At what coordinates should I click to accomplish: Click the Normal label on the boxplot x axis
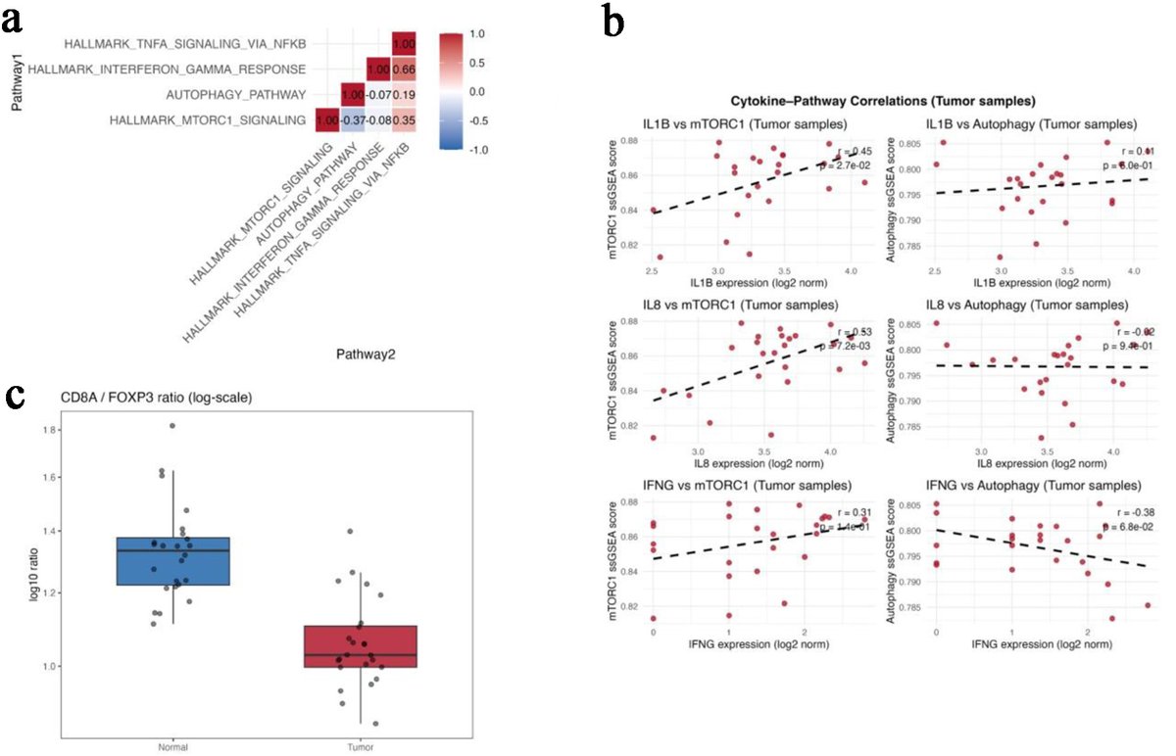click(172, 747)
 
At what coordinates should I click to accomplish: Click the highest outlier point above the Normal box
click(172, 426)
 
